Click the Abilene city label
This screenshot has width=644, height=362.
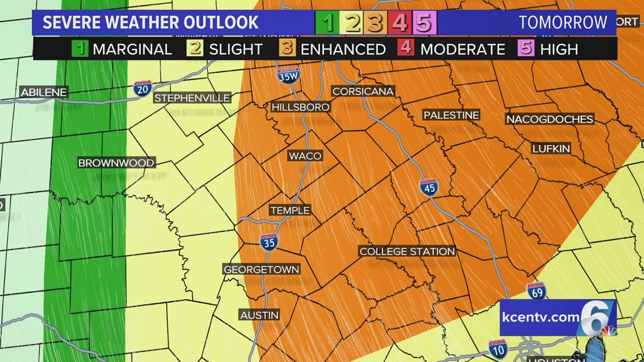[x=43, y=92]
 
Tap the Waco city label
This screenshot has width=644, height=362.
[x=305, y=156]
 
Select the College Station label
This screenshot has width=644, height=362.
[x=407, y=251]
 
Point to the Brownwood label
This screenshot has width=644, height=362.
[x=116, y=163]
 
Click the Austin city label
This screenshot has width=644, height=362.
[x=259, y=315]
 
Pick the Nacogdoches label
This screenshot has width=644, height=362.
[x=549, y=119]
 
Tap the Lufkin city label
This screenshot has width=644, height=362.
[x=551, y=149]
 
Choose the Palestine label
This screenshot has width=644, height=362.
[x=451, y=115]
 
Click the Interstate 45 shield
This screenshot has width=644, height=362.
[x=429, y=187]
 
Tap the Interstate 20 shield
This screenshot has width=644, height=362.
[x=142, y=89]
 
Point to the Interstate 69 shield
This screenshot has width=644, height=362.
[x=536, y=290]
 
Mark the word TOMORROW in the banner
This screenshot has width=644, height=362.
[x=563, y=23]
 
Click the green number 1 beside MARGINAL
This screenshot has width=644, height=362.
[x=80, y=49]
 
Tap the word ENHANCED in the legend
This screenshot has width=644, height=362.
[x=343, y=49]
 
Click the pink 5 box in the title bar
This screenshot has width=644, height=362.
[x=424, y=23]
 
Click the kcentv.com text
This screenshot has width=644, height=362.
[x=540, y=317]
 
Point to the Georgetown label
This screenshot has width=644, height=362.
[x=261, y=269]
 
